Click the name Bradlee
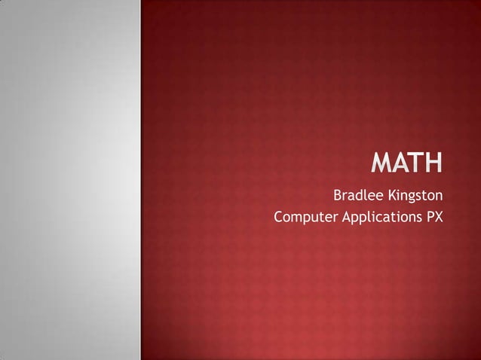358,197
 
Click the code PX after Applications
435,218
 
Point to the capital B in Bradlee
338,197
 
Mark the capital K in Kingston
391,197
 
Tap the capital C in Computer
279,218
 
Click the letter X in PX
440,218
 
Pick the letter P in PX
430,218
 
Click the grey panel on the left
70,180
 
